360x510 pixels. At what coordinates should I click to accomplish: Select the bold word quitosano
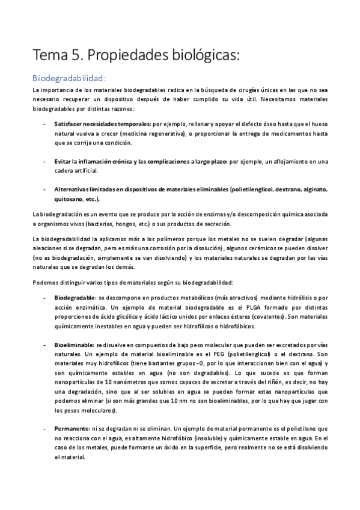click(68, 199)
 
